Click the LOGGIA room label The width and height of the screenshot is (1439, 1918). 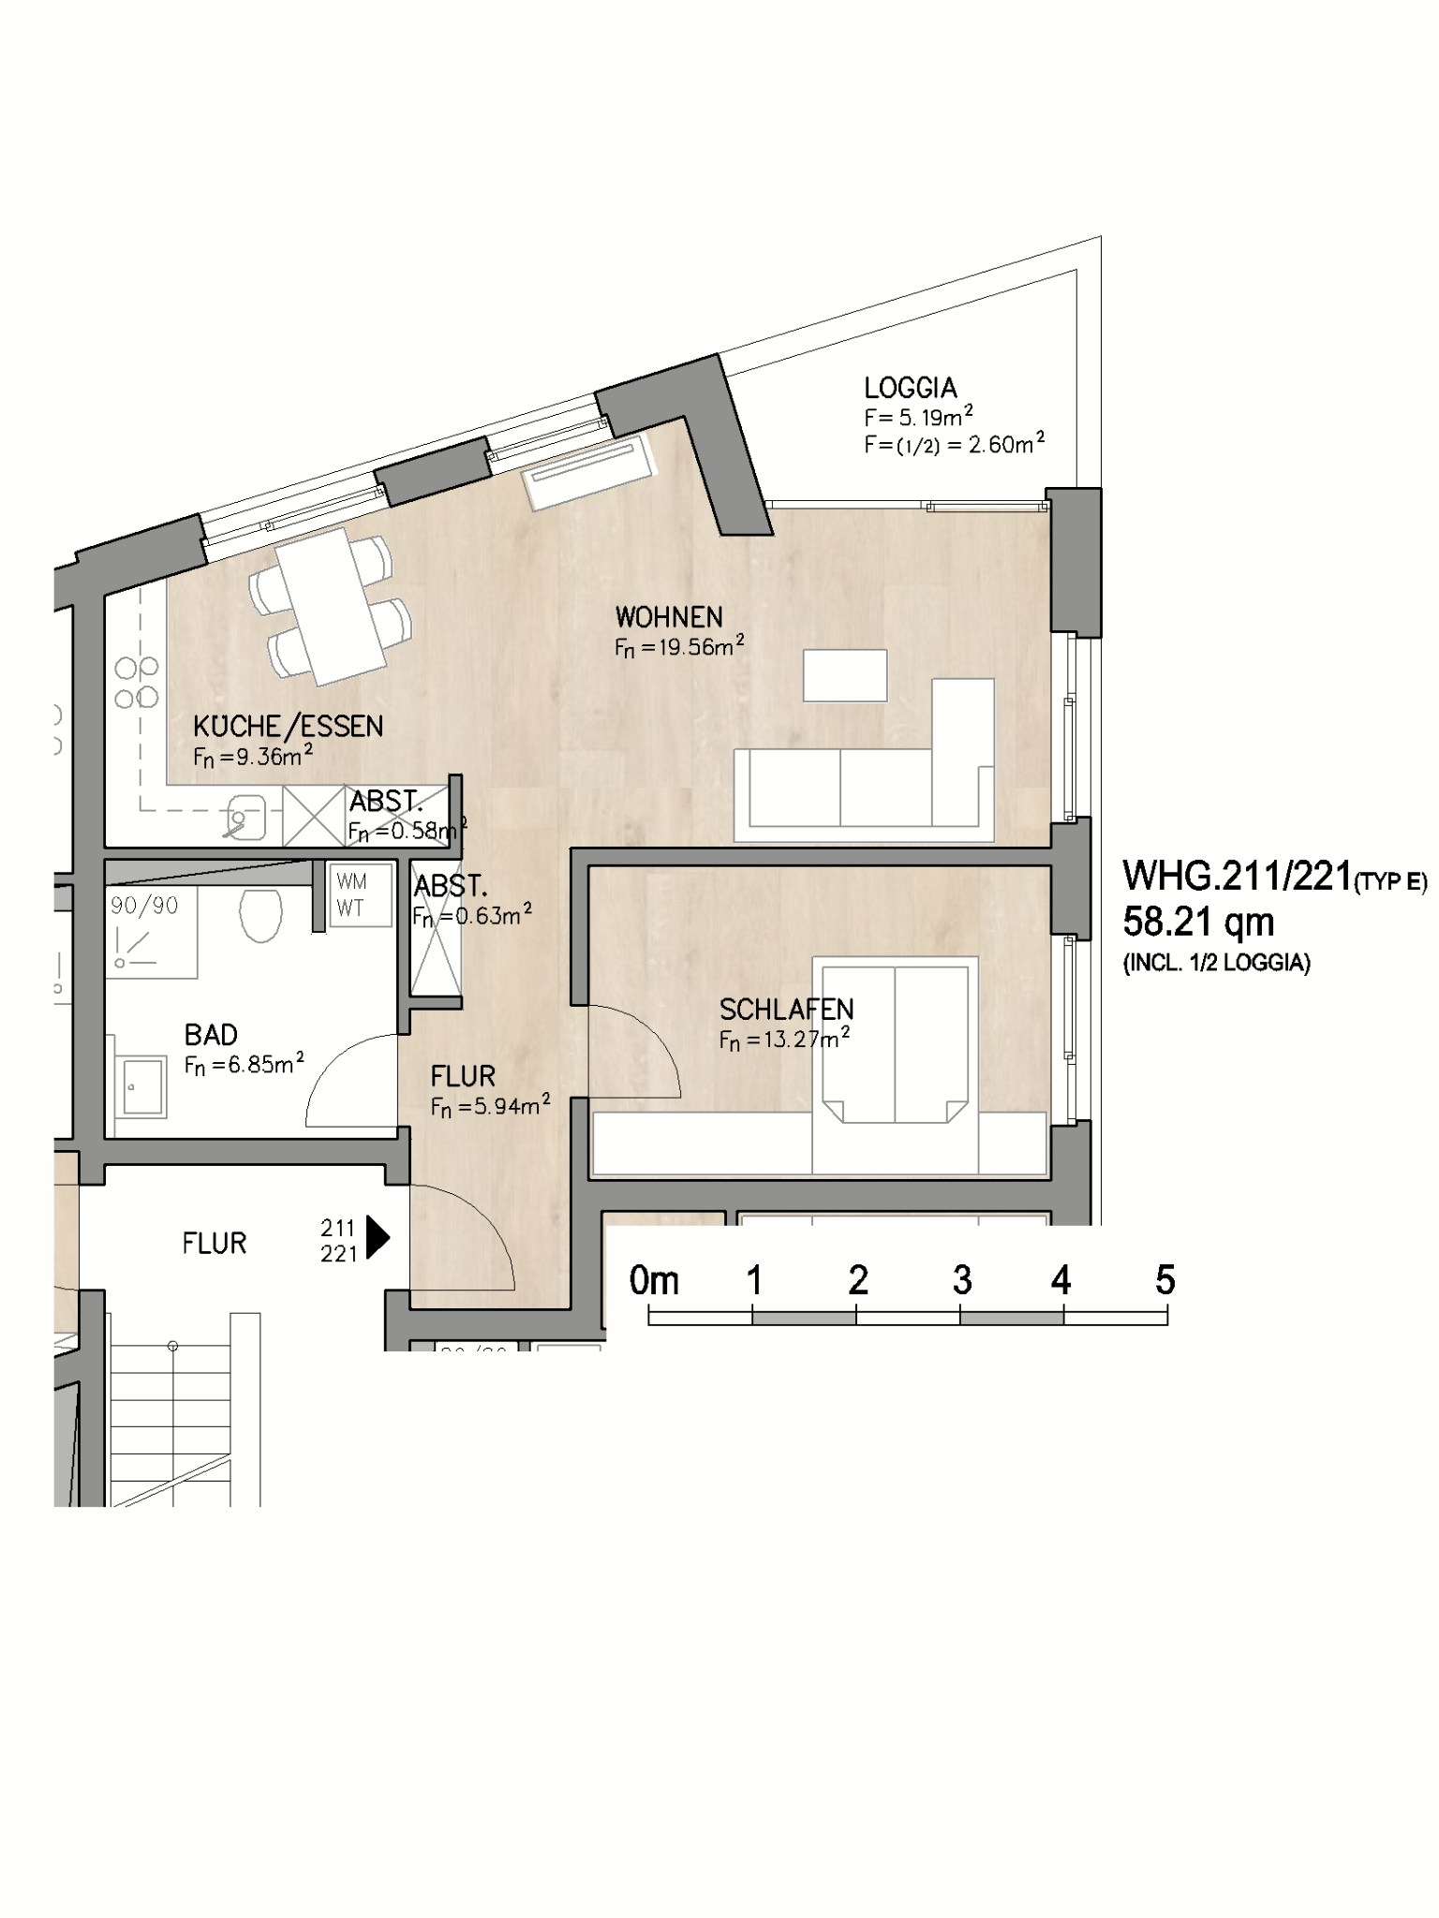[x=910, y=388]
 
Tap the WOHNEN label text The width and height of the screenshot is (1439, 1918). [x=669, y=617]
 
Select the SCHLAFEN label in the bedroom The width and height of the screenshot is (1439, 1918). [x=786, y=1010]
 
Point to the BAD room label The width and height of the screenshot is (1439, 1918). [x=211, y=1035]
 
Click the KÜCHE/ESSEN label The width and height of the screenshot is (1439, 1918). [x=289, y=727]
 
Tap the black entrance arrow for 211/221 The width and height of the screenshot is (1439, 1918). [x=378, y=1237]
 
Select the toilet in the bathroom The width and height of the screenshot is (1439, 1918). [x=260, y=915]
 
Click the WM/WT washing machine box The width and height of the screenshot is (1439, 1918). [x=361, y=894]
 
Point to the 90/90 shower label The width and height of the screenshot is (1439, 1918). [x=144, y=906]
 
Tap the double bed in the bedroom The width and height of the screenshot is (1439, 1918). [x=895, y=1040]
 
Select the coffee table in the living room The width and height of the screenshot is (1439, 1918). [x=845, y=675]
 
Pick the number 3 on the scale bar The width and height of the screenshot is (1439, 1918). [x=962, y=1280]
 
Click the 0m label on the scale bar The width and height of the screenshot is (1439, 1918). [x=654, y=1280]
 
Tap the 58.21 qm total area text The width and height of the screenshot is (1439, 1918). [x=1198, y=922]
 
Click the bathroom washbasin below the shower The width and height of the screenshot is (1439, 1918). [x=141, y=1086]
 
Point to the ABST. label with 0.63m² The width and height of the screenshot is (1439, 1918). [x=451, y=886]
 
